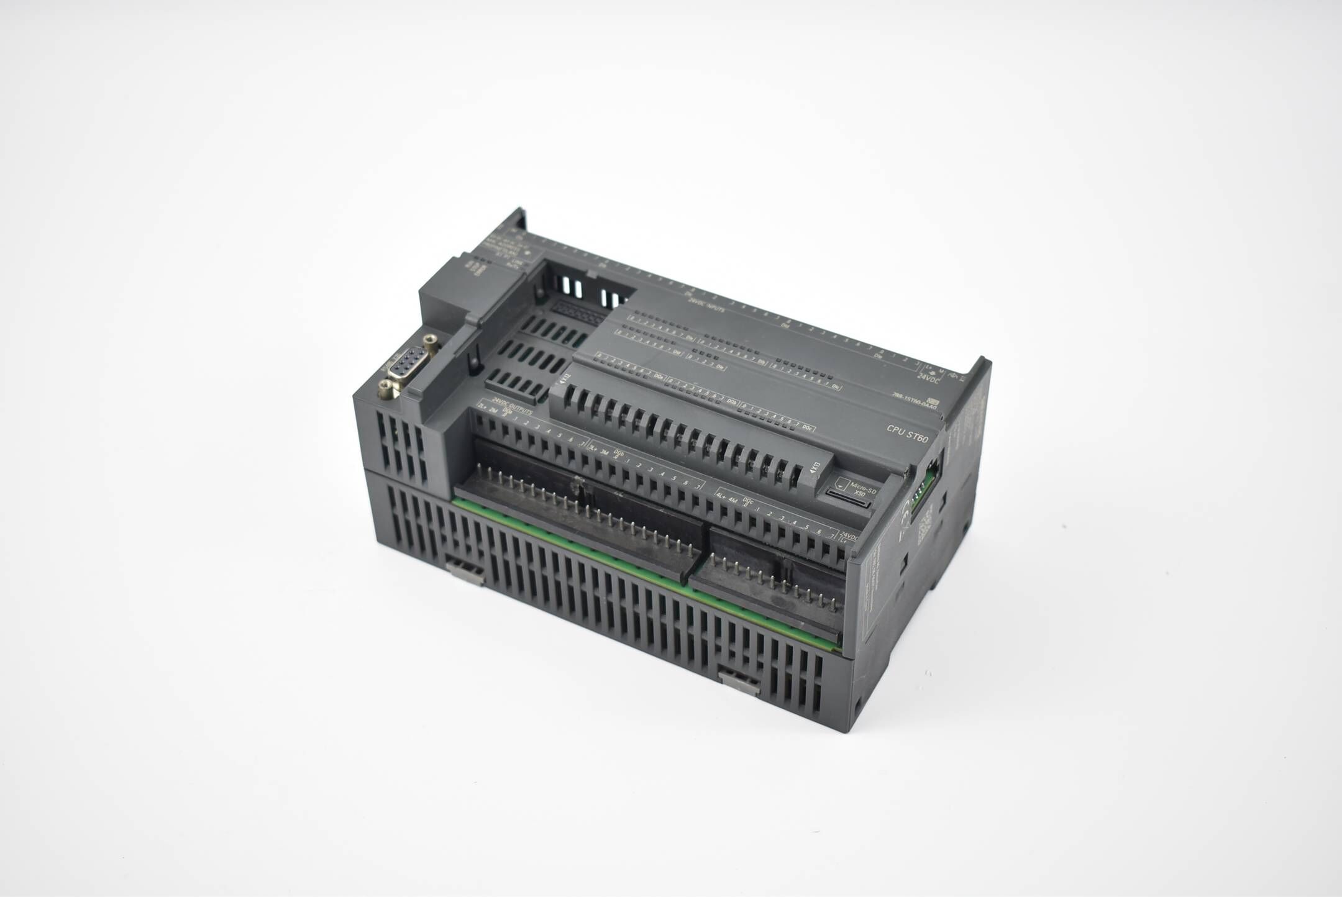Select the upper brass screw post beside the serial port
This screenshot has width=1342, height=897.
pos(429,339)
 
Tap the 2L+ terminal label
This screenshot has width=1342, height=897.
pos(483,407)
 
